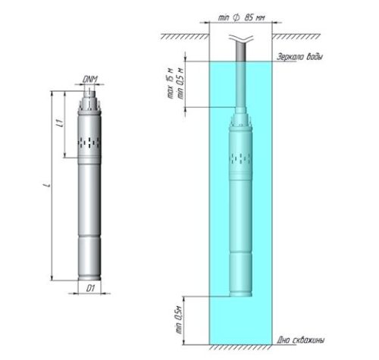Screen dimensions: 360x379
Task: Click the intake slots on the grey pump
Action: [x=89, y=142]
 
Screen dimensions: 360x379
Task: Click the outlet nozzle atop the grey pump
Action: [x=90, y=93]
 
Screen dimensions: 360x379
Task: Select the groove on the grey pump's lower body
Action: [x=89, y=236]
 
